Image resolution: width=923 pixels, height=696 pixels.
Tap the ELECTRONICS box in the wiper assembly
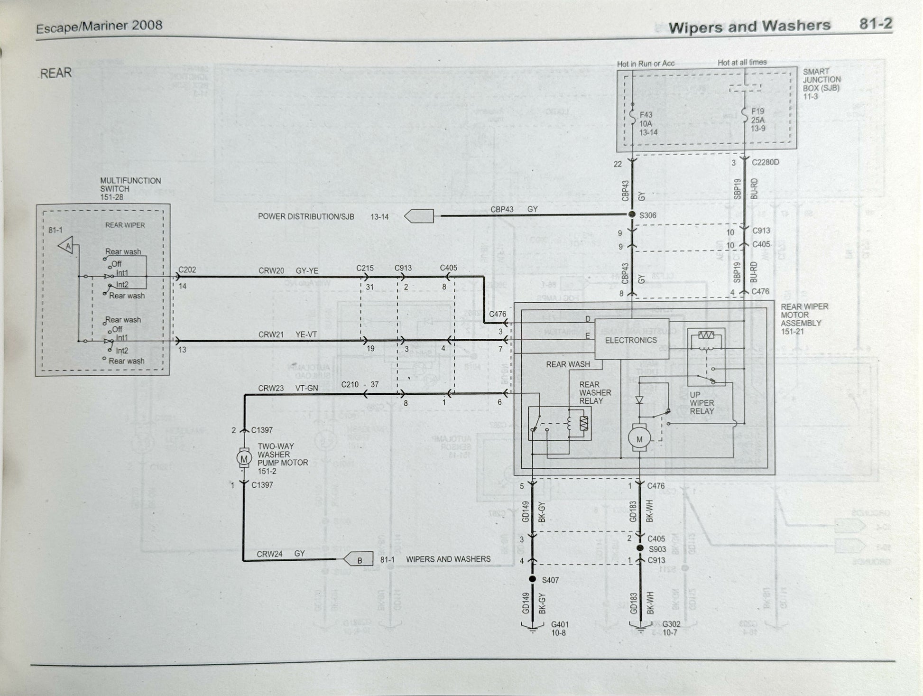click(x=630, y=340)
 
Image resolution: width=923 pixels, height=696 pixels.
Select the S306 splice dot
click(x=632, y=214)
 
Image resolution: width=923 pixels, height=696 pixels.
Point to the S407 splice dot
click(x=532, y=579)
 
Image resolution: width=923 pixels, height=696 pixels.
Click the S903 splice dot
click(x=640, y=548)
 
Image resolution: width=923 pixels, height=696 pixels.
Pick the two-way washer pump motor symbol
click(x=244, y=458)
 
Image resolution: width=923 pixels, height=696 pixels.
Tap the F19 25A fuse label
click(x=758, y=120)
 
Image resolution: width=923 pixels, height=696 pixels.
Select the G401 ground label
click(x=559, y=628)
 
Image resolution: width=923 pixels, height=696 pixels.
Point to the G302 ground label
click(x=671, y=628)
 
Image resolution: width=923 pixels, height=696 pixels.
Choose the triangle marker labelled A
click(x=67, y=246)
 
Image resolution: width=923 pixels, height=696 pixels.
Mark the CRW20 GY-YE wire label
click(x=288, y=271)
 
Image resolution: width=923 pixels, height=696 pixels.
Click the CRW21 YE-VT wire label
click(x=287, y=335)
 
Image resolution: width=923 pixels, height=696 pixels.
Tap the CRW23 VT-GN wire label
click(x=288, y=388)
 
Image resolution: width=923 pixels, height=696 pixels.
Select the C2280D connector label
click(x=765, y=162)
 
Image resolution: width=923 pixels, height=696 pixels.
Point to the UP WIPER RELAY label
click(x=701, y=403)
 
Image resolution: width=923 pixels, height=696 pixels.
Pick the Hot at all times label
click(x=742, y=62)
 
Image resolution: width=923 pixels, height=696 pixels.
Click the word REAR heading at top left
click(x=56, y=73)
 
